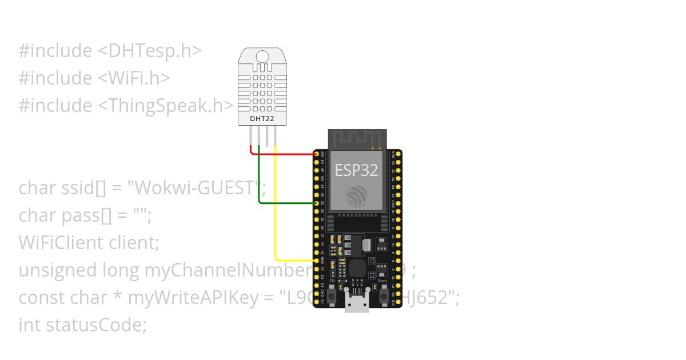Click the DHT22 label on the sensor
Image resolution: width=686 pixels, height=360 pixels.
[x=262, y=119]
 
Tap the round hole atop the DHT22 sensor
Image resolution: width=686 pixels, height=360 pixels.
[x=262, y=57]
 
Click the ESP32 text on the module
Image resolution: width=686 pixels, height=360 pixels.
[x=356, y=170]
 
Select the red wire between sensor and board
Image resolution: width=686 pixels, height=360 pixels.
[x=286, y=154]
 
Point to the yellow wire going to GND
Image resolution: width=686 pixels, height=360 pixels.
[x=276, y=217]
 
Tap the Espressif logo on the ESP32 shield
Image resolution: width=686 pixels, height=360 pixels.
[x=356, y=196]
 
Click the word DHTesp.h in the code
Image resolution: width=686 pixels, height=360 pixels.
[x=154, y=51]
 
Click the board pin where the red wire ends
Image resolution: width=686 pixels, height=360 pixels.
[x=317, y=154]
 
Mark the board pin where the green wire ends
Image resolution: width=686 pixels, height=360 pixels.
[x=317, y=203]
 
